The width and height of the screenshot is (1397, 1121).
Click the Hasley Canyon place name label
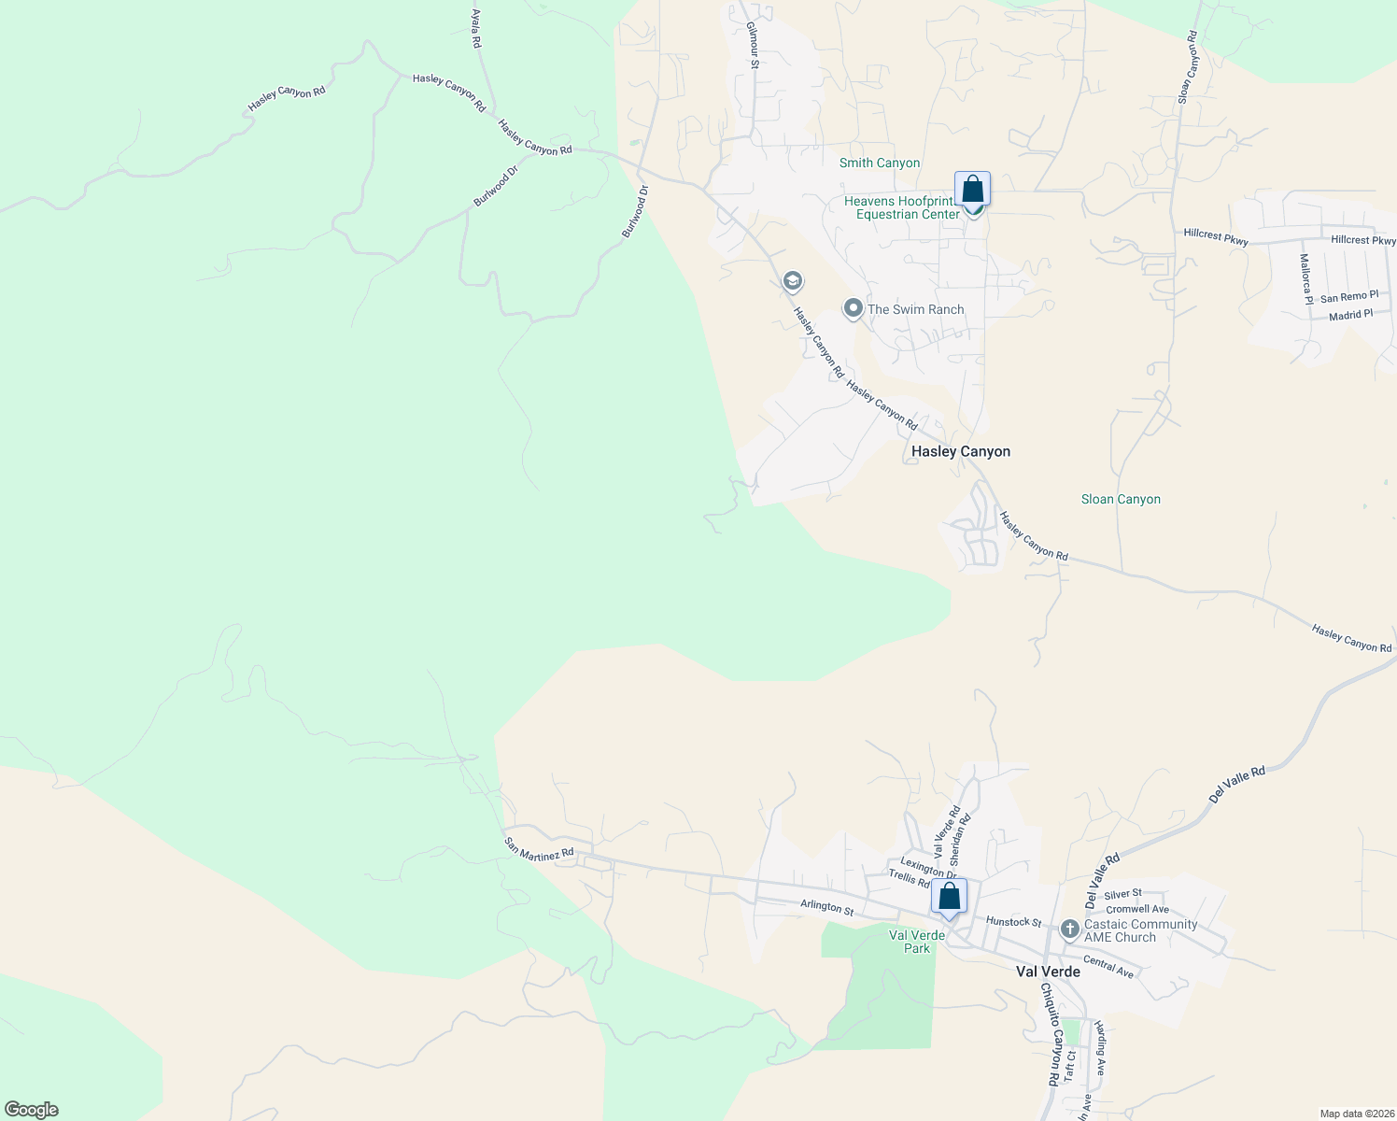click(960, 451)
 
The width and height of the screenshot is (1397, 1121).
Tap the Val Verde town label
click(1048, 972)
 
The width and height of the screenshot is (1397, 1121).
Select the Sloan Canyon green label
click(1121, 499)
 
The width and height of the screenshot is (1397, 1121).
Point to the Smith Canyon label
click(879, 163)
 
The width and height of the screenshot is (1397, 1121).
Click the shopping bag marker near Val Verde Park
click(949, 898)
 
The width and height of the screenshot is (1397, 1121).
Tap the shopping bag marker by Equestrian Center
click(972, 189)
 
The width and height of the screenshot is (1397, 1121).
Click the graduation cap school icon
click(793, 281)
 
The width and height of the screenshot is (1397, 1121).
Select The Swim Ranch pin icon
click(853, 308)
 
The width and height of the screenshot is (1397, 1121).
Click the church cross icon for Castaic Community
click(1070, 930)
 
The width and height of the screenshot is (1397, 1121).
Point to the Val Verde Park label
click(916, 942)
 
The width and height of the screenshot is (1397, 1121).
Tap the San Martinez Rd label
click(539, 849)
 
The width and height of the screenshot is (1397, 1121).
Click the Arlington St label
click(826, 906)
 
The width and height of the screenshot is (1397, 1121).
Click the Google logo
click(31, 1110)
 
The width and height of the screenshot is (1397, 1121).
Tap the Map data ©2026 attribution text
click(1355, 1114)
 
